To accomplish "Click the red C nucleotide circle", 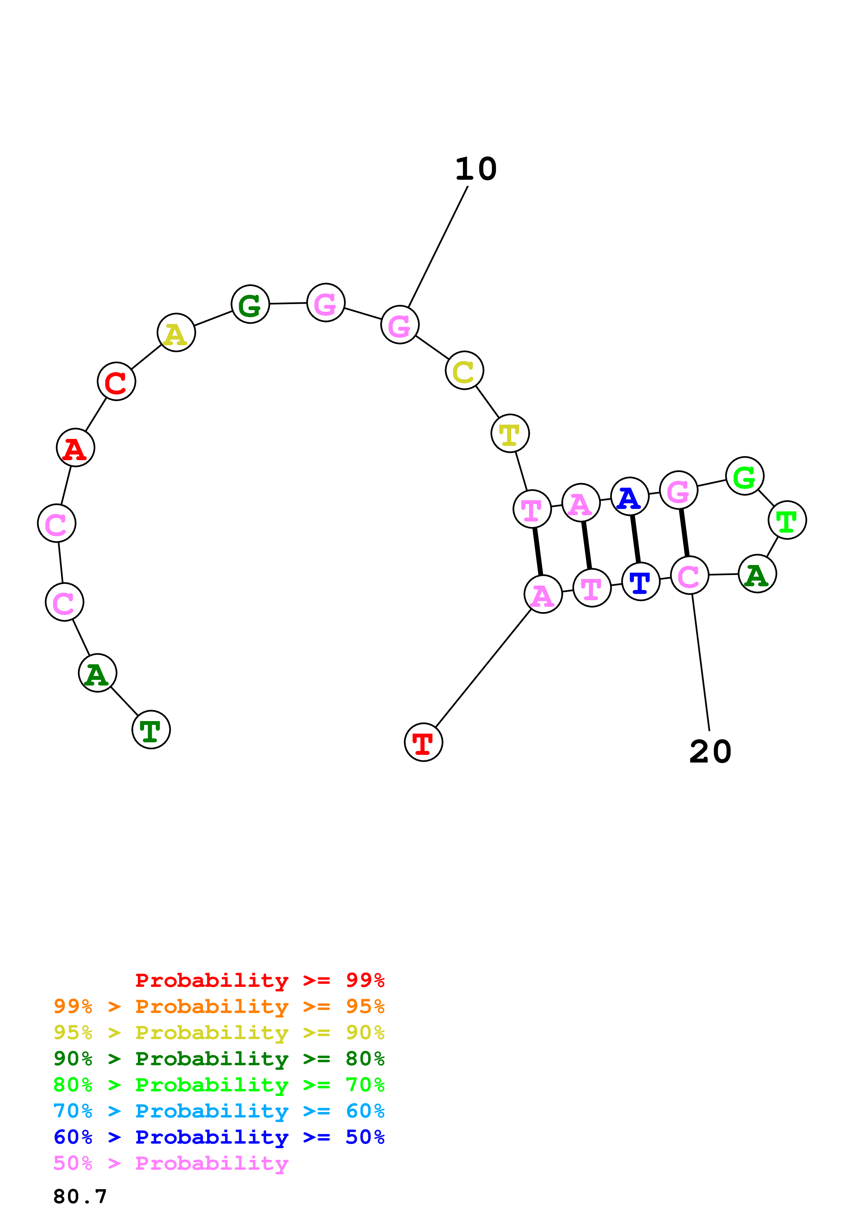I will [117, 381].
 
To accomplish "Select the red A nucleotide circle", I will [76, 448].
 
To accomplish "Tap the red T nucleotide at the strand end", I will [423, 742].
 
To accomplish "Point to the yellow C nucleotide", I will [464, 370].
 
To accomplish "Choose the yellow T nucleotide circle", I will [510, 433].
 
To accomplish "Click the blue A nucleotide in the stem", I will [629, 497].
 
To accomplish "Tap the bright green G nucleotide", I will [744, 476].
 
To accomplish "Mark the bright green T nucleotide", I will [787, 520].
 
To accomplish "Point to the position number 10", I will [476, 169].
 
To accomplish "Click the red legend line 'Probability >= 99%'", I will [259, 980].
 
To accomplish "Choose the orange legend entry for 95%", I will [219, 1006].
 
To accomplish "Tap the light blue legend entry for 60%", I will [219, 1111].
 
